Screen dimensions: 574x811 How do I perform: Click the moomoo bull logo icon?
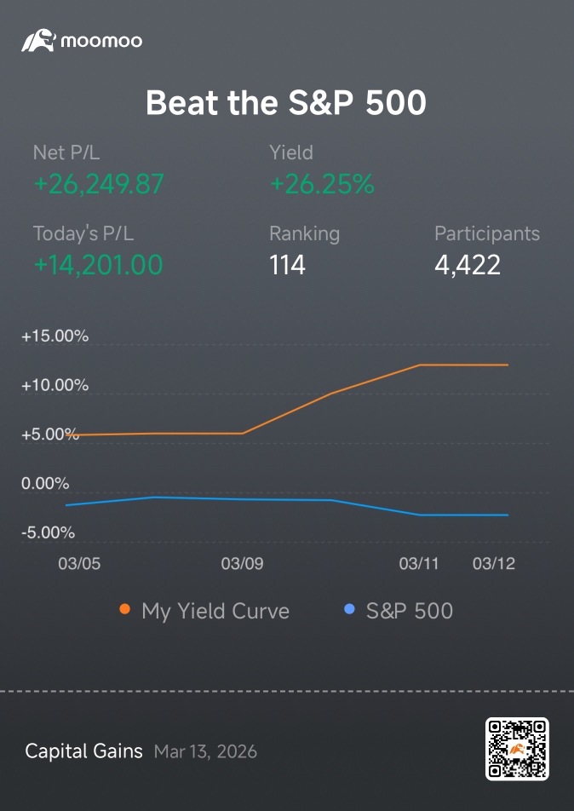38,40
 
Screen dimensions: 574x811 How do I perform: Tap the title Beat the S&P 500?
286,102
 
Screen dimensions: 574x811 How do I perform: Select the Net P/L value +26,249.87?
99,184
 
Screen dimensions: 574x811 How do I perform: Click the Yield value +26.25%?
322,184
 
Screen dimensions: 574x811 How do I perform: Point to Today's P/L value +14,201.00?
98,265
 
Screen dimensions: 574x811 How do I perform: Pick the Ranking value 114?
288,265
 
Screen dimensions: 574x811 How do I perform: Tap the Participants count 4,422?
468,265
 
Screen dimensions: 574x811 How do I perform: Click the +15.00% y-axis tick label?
55,336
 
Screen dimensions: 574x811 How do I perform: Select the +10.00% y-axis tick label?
55,385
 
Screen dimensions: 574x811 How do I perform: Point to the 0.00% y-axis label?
45,484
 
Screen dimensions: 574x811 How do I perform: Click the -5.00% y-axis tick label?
48,532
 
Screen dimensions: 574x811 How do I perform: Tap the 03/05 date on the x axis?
79,563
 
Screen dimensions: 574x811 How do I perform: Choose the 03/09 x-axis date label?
242,563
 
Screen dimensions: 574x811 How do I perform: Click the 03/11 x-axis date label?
419,563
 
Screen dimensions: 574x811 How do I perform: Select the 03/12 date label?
494,563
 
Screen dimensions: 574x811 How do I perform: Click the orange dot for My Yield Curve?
124,609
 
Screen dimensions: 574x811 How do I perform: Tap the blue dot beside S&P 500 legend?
349,609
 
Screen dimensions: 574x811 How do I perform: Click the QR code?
517,749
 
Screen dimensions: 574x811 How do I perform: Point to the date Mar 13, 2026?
205,751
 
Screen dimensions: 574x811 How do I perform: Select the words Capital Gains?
83,751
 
